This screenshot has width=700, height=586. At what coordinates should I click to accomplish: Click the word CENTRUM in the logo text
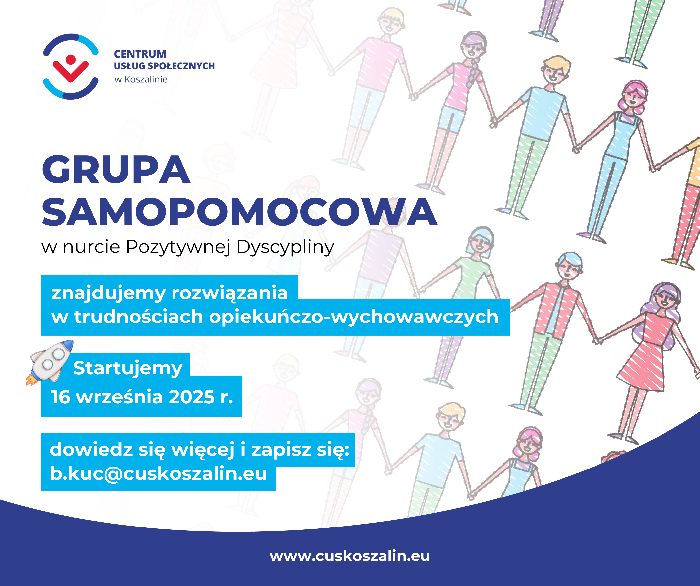[140, 54]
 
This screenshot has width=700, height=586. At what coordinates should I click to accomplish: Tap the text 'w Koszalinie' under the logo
[141, 79]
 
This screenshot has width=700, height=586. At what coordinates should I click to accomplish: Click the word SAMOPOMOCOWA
[239, 212]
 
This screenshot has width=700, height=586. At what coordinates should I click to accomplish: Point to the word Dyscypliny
[285, 248]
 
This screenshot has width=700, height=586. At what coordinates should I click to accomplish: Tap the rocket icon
[50, 363]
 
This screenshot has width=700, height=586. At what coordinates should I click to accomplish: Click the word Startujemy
[128, 369]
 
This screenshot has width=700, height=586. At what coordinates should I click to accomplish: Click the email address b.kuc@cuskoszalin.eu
[158, 473]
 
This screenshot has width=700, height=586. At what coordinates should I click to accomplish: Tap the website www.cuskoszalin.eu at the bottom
[350, 556]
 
